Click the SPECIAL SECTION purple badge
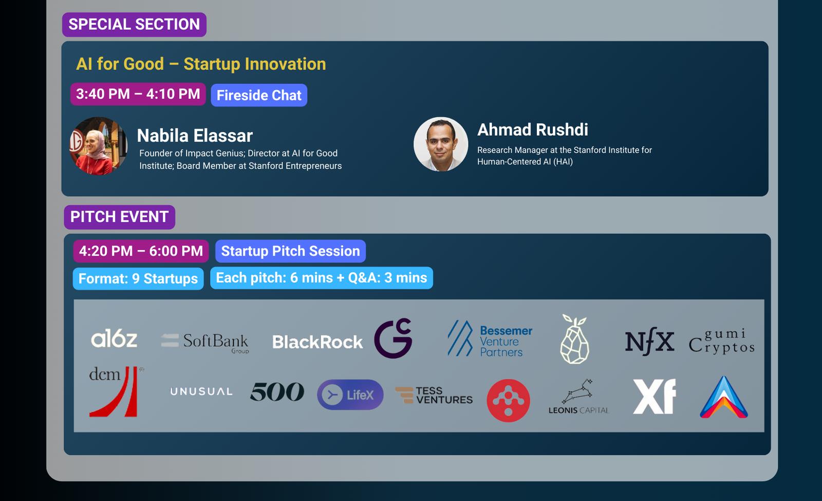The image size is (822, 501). (134, 25)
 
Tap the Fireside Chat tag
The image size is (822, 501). (259, 95)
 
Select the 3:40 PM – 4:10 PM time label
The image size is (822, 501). (138, 94)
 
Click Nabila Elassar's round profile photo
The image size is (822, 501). (98, 146)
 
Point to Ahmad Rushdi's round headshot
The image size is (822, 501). (441, 144)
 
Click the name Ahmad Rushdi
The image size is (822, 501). (532, 130)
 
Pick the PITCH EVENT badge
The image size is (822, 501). (120, 217)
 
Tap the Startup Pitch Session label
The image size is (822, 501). (291, 251)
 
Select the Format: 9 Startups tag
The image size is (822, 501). (138, 279)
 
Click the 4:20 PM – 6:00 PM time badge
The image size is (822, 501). (141, 251)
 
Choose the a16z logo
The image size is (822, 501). (114, 338)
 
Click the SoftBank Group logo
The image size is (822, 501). (205, 343)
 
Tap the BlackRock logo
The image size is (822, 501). (317, 342)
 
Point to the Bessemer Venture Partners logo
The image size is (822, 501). (490, 338)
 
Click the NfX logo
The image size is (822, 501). (649, 341)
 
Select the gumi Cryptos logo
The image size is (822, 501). (721, 341)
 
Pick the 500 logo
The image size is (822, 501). (277, 391)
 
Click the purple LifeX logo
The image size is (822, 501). (350, 395)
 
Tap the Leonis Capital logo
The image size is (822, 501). (578, 397)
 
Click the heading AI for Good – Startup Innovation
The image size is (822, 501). (201, 64)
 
